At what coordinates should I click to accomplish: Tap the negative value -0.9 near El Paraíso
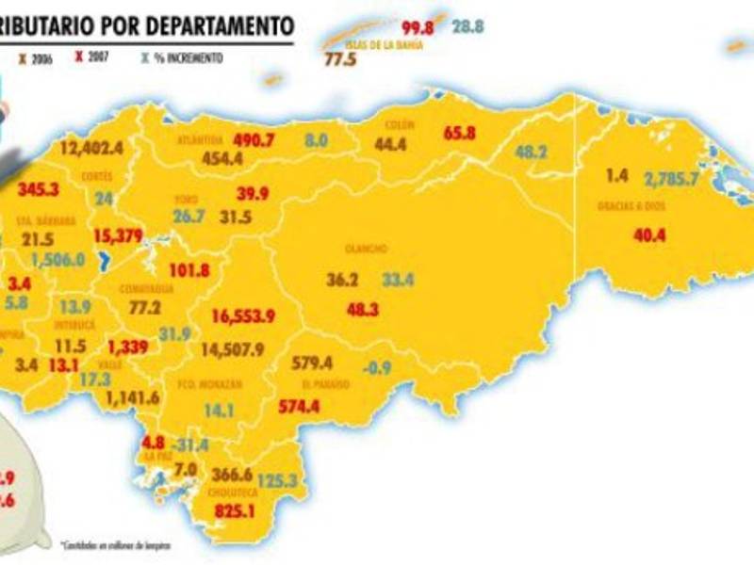pyautogui.click(x=377, y=366)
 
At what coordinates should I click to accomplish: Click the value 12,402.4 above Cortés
pyautogui.click(x=91, y=147)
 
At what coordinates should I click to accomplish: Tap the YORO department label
pyautogui.click(x=186, y=200)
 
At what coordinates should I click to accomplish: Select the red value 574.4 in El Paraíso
pyautogui.click(x=308, y=407)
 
